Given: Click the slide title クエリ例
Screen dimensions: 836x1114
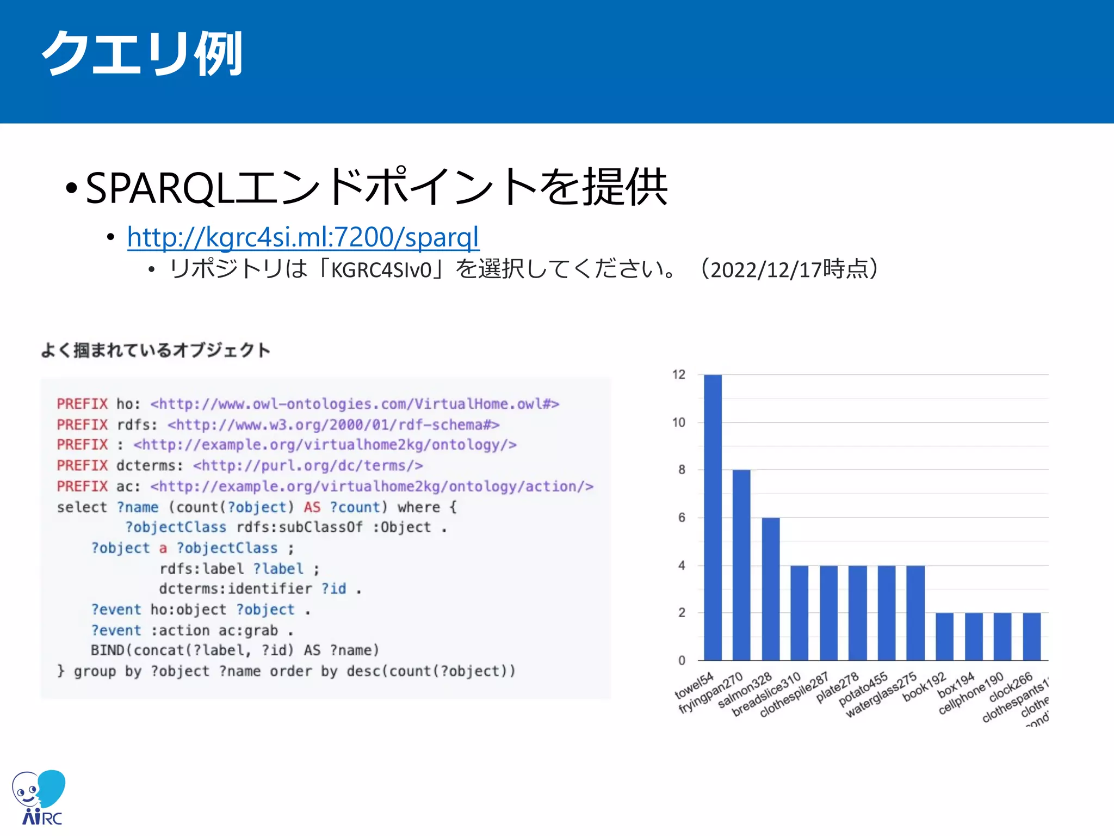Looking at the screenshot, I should [x=143, y=54].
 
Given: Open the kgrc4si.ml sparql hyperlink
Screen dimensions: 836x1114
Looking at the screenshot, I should [x=303, y=237].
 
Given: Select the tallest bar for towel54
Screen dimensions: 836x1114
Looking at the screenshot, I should [x=713, y=517].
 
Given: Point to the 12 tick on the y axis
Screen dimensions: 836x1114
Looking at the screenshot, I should [x=679, y=374].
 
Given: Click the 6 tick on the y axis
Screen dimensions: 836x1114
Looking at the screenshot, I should [x=682, y=518].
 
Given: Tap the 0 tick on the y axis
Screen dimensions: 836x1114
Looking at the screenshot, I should [x=682, y=661].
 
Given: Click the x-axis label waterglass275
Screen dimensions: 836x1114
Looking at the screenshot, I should [x=881, y=695].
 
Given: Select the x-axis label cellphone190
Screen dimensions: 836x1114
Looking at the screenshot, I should [x=971, y=693].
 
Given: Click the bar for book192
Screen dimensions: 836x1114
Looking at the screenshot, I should [x=945, y=636].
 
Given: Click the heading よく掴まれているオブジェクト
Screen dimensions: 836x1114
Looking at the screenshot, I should [x=156, y=350].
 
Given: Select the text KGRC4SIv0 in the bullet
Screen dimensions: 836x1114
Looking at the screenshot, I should [x=381, y=270].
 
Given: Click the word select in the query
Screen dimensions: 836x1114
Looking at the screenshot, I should [x=82, y=507].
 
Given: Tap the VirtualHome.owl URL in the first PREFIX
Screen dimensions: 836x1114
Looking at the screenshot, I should [x=355, y=404].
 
